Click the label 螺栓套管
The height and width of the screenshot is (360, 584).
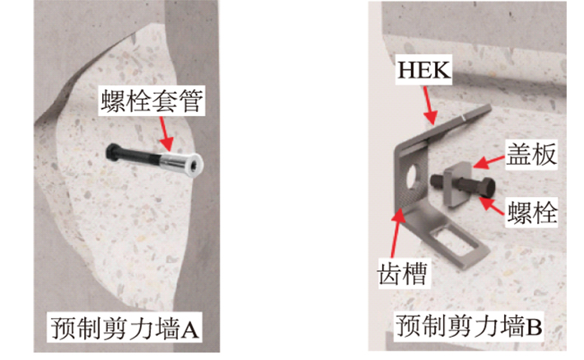point(152,101)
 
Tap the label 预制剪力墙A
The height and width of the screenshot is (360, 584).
point(124,328)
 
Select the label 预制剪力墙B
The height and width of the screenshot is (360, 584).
point(469,325)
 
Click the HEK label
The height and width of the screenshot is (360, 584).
point(424,69)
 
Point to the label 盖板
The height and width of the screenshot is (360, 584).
point(531,154)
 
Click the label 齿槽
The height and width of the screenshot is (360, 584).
point(403,274)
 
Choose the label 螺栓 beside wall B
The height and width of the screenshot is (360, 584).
point(532,213)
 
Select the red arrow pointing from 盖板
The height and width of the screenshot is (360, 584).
point(489,161)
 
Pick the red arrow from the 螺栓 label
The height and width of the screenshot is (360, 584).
point(492,206)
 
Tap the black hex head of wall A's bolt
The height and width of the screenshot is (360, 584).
point(111,152)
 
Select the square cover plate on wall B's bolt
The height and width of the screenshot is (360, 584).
point(456,185)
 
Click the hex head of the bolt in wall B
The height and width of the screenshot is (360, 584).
point(487,188)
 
